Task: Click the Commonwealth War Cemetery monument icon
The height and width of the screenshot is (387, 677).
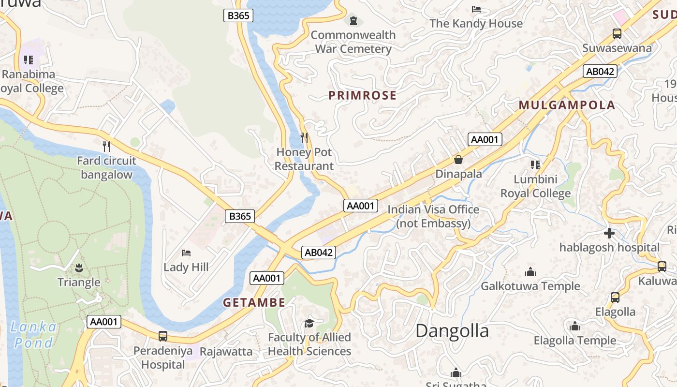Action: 353,21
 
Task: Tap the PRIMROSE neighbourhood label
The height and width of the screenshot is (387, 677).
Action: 362,95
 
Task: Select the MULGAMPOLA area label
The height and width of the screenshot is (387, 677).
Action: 567,105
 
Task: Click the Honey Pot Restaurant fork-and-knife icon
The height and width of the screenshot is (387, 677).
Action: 304,138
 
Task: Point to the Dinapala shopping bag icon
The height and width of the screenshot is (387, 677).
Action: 458,159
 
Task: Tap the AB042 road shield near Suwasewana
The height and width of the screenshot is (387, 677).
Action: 600,72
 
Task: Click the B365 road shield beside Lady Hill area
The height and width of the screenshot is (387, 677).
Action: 240,216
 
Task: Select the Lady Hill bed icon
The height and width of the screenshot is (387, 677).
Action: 186,253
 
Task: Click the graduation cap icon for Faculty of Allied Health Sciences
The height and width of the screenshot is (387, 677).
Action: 309,323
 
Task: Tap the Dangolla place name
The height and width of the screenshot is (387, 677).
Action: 452,331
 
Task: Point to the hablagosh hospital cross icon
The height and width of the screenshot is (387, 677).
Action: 609,234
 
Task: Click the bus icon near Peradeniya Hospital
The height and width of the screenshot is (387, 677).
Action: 163,336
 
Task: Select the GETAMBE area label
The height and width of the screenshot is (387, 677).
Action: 254,303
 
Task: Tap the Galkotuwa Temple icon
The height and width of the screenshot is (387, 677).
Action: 530,272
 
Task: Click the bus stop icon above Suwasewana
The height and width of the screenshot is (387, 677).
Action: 617,34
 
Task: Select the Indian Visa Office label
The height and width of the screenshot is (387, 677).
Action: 433,216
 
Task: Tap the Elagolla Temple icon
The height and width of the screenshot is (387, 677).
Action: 574,327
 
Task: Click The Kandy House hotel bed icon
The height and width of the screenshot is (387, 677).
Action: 476,9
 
